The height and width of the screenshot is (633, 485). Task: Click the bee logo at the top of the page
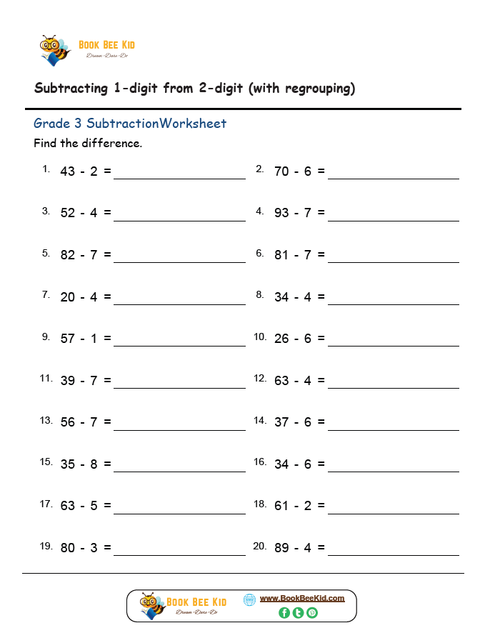pyautogui.click(x=54, y=49)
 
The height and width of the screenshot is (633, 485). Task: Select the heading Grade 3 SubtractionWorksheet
pyautogui.click(x=130, y=124)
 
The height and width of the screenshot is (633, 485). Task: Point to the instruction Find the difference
pyautogui.click(x=88, y=143)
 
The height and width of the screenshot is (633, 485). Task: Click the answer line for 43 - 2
pyautogui.click(x=179, y=177)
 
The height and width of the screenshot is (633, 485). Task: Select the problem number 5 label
pyautogui.click(x=46, y=253)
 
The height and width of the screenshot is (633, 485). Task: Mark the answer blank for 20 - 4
pyautogui.click(x=179, y=303)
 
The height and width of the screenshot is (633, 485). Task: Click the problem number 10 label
pyautogui.click(x=260, y=337)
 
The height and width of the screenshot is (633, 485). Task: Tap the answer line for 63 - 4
pyautogui.click(x=393, y=387)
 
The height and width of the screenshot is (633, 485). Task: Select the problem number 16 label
pyautogui.click(x=260, y=462)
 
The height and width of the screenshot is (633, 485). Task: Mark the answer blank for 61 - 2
pyautogui.click(x=393, y=512)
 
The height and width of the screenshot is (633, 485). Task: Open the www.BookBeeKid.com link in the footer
pyautogui.click(x=301, y=598)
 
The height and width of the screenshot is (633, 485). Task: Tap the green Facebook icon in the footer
pyautogui.click(x=284, y=612)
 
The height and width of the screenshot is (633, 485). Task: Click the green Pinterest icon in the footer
pyautogui.click(x=312, y=612)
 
